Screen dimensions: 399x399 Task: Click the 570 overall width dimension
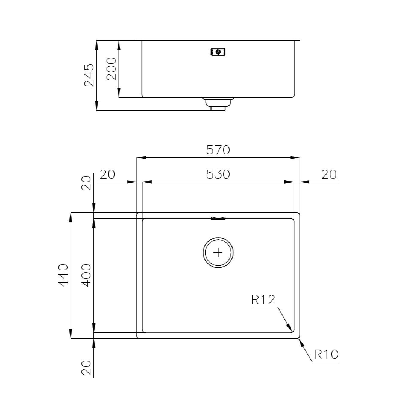[218, 150]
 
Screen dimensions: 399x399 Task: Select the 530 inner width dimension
[218, 174]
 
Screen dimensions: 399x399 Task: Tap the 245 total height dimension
[89, 75]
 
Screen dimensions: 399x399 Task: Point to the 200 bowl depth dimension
[111, 69]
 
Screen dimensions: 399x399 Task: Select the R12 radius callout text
[263, 300]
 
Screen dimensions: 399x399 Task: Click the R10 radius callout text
[326, 354]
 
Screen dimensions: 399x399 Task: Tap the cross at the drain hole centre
[218, 253]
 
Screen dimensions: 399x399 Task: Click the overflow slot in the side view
[218, 52]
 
